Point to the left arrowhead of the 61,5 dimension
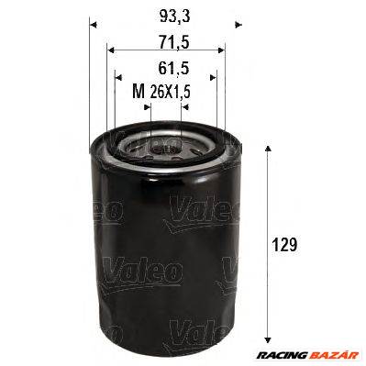(x=118, y=79)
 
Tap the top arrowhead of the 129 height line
(x=267, y=148)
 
